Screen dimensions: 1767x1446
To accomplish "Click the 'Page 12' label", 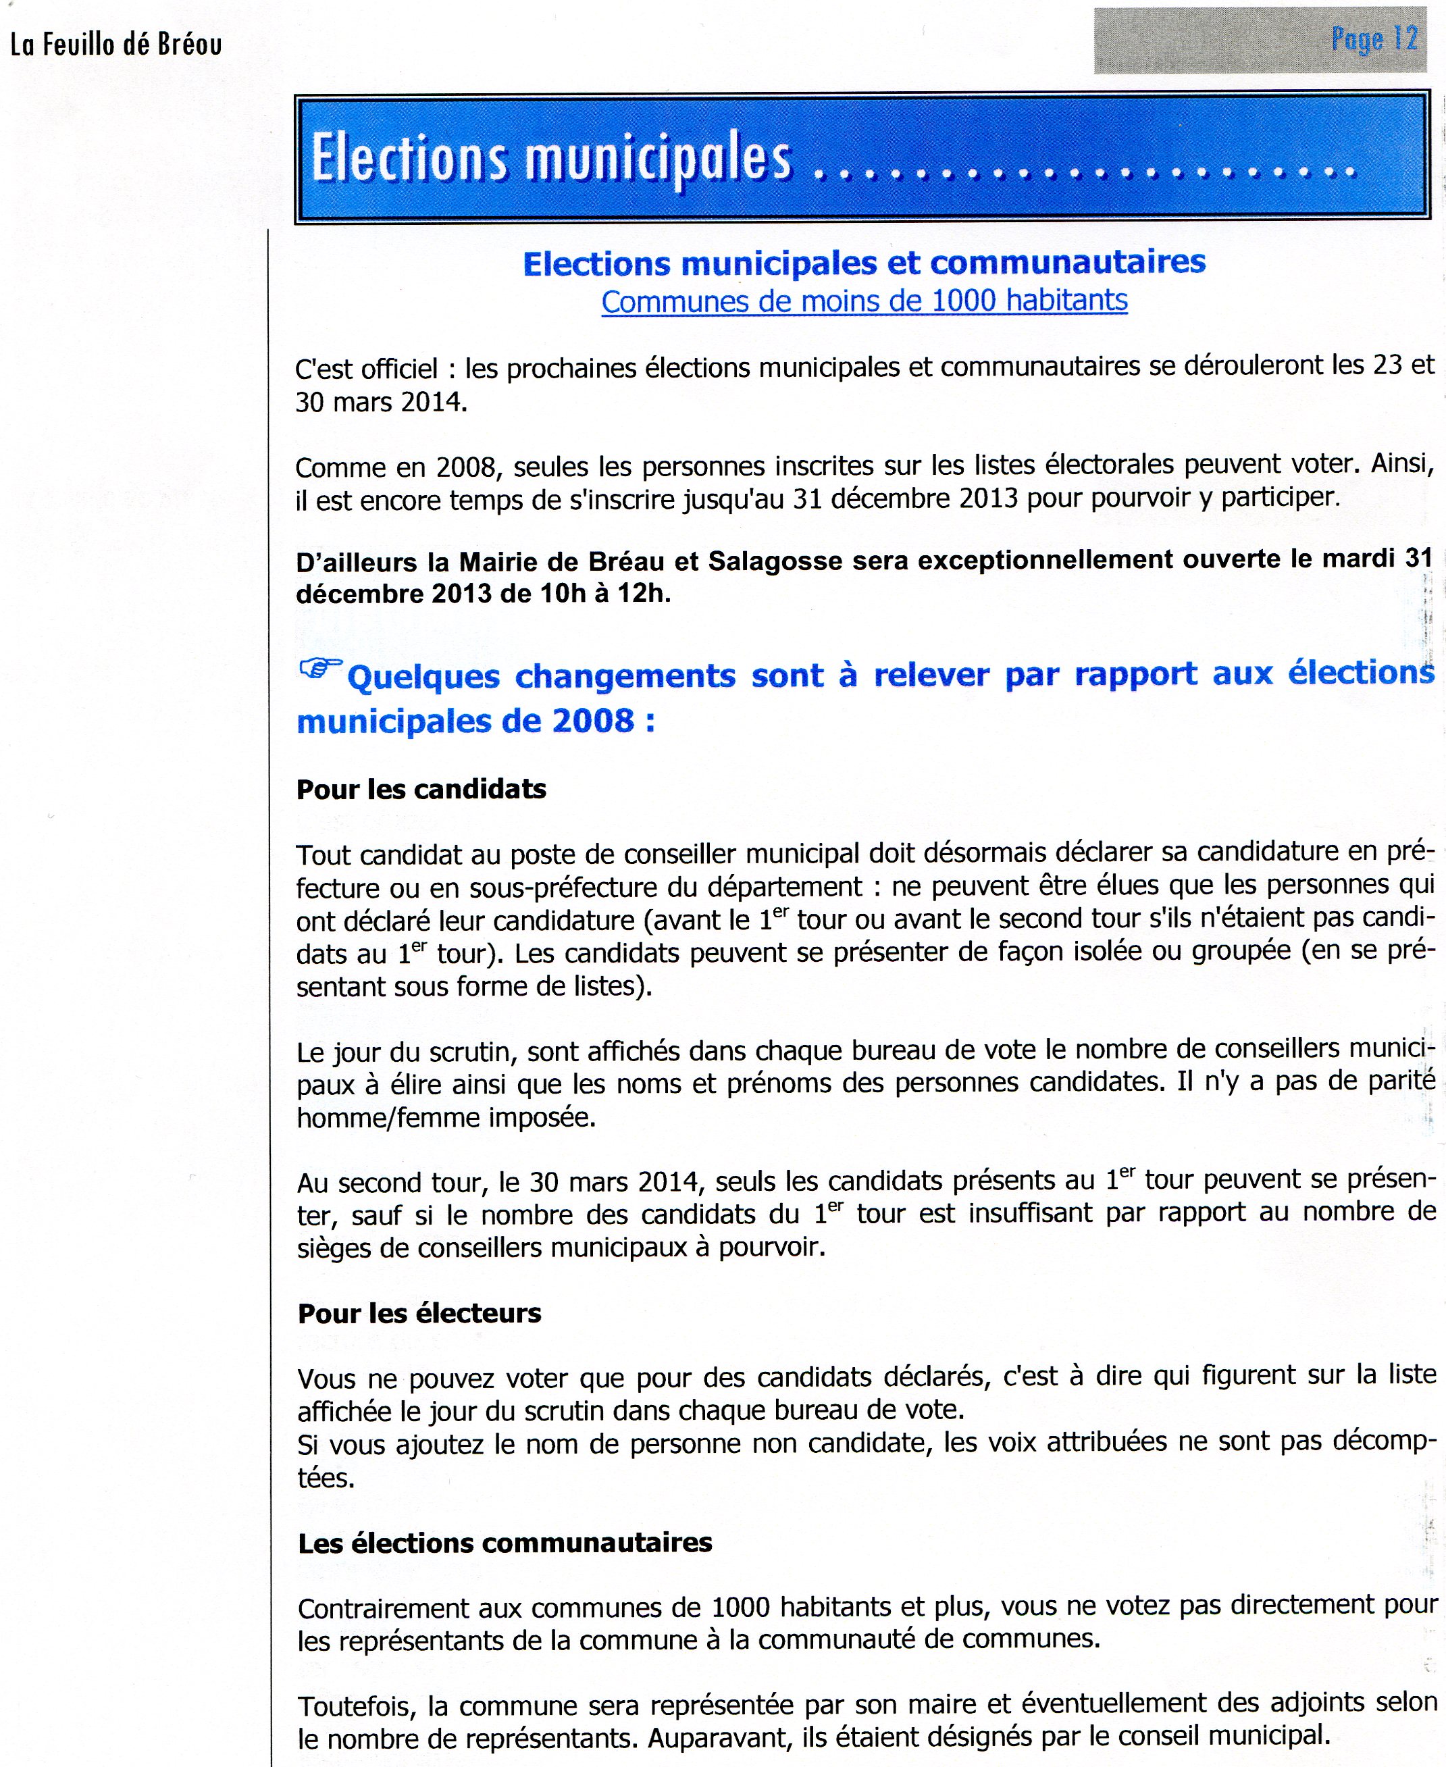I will (x=1374, y=39).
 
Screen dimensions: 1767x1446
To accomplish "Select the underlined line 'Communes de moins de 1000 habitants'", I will (x=864, y=301).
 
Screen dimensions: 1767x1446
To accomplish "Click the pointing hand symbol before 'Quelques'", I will (x=320, y=667).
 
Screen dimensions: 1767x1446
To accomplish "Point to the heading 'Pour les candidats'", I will (x=421, y=789).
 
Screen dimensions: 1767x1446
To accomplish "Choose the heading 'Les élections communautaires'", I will (x=505, y=1543).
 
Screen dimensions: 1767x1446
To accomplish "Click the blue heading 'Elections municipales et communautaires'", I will (x=864, y=263).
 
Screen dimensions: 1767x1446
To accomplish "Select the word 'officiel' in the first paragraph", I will (x=399, y=368).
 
